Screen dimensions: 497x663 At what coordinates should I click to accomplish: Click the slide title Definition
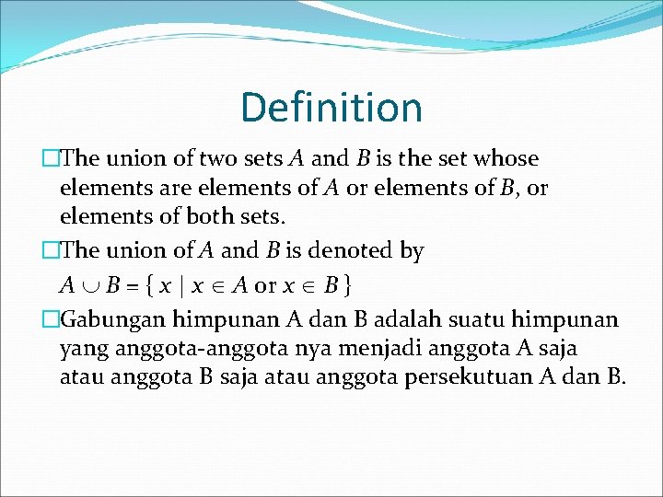[331, 107]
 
